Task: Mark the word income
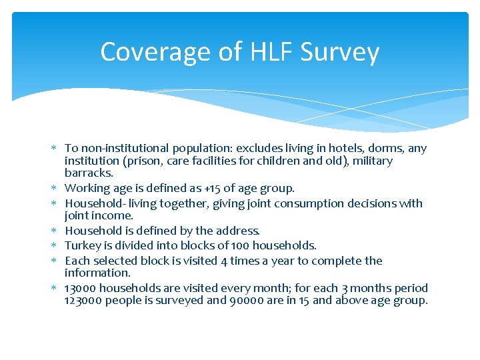[x=115, y=215]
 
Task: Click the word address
[x=237, y=231]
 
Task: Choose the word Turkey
[x=81, y=245]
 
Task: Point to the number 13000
[x=81, y=288]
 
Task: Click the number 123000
[x=83, y=300]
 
